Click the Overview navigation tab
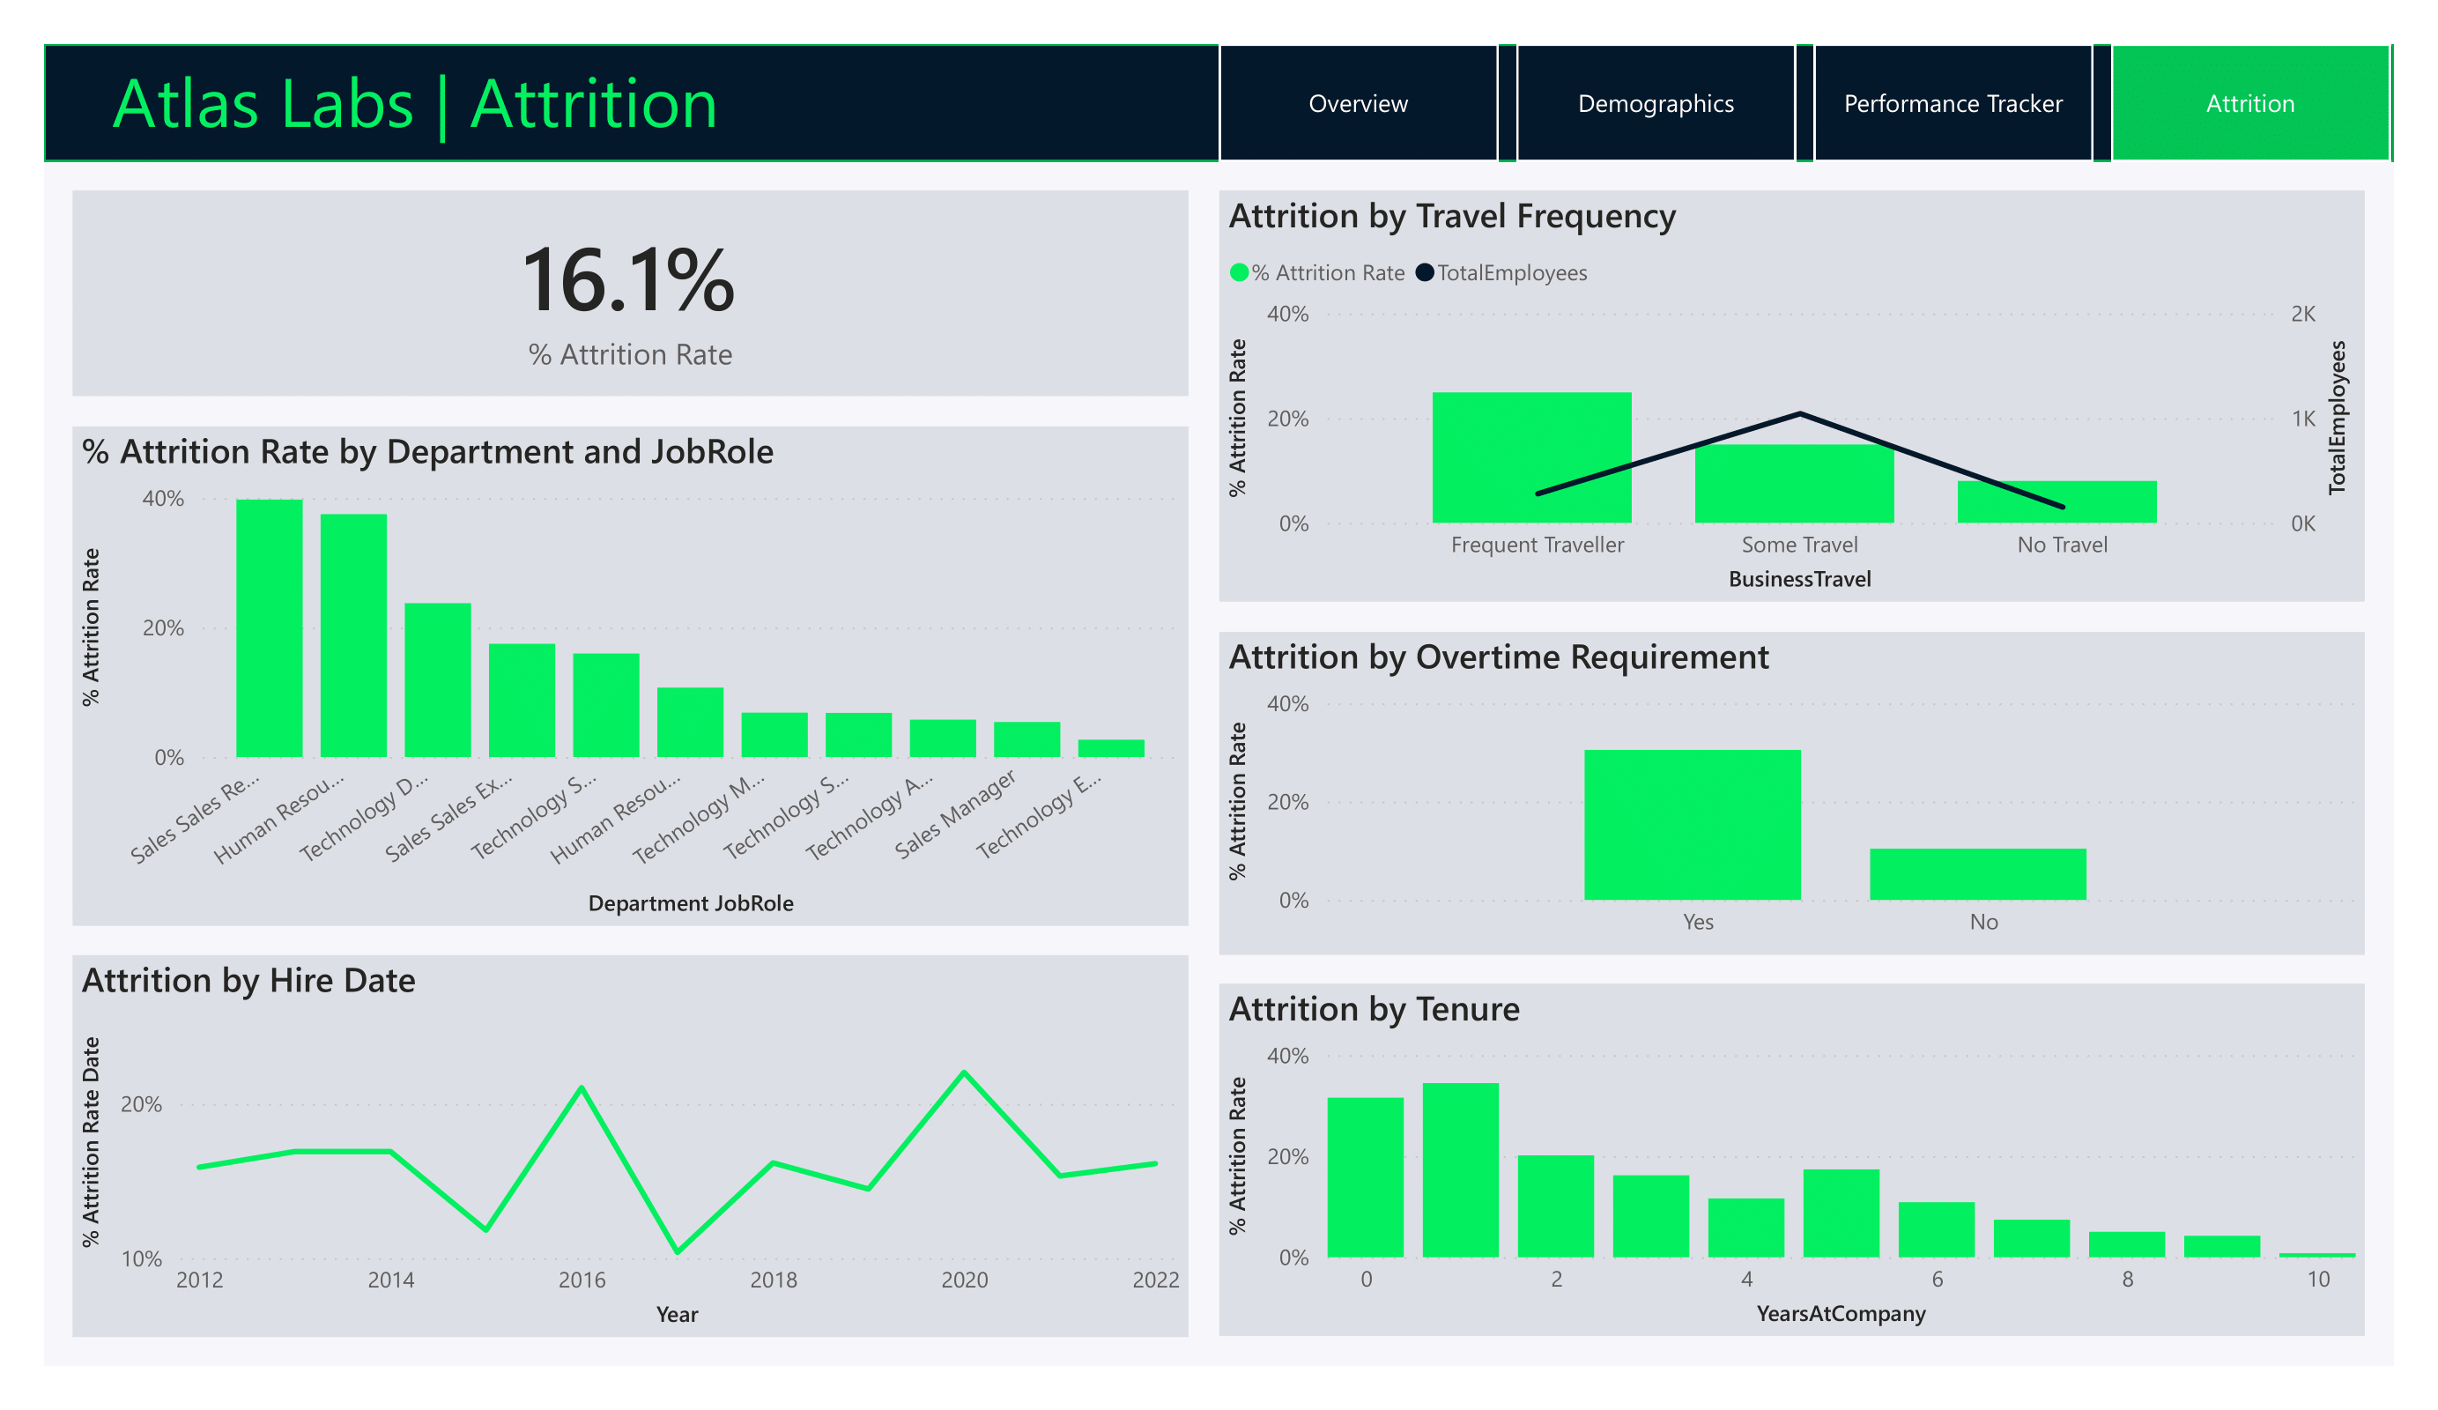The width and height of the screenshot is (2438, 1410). pos(1358,104)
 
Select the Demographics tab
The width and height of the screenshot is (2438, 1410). pos(1656,104)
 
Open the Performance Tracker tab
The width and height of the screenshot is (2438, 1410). pos(1953,104)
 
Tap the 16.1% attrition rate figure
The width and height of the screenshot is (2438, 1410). pos(629,280)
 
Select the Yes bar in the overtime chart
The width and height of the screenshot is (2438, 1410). pos(1692,825)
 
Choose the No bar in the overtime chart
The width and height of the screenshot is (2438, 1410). pos(1977,874)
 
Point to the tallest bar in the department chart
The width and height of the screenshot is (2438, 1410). pos(269,629)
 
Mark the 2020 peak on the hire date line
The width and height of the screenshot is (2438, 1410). pos(965,1073)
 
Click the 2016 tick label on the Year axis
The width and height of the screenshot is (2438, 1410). pos(582,1280)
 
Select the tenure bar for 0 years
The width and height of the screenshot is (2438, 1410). pos(1365,1176)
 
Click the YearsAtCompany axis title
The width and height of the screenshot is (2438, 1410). pos(1840,1313)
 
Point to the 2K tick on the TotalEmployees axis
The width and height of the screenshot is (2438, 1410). pos(2302,314)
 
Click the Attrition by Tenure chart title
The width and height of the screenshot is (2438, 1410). pos(1374,1008)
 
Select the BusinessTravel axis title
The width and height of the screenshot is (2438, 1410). pos(1799,579)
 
